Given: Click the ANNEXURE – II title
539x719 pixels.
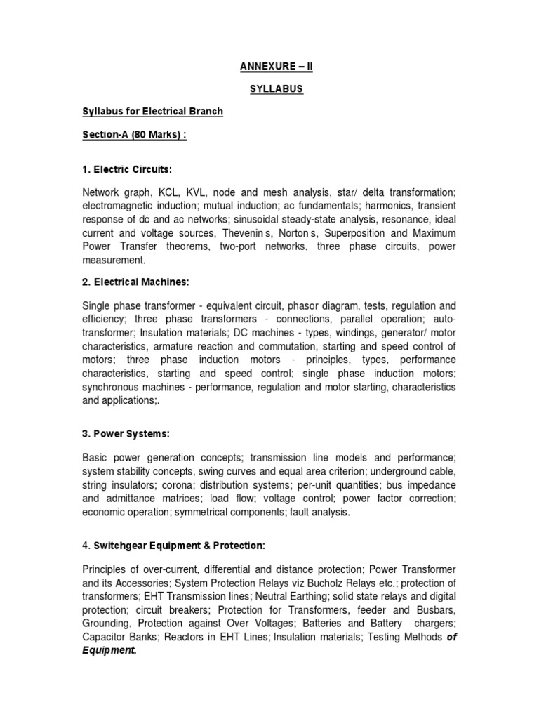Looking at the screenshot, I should click(x=269, y=68).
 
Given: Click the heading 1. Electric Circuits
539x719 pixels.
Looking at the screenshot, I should click(x=126, y=169).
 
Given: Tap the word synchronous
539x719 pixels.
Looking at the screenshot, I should click(x=112, y=387).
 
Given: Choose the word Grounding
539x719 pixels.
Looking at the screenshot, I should click(x=109, y=623).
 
